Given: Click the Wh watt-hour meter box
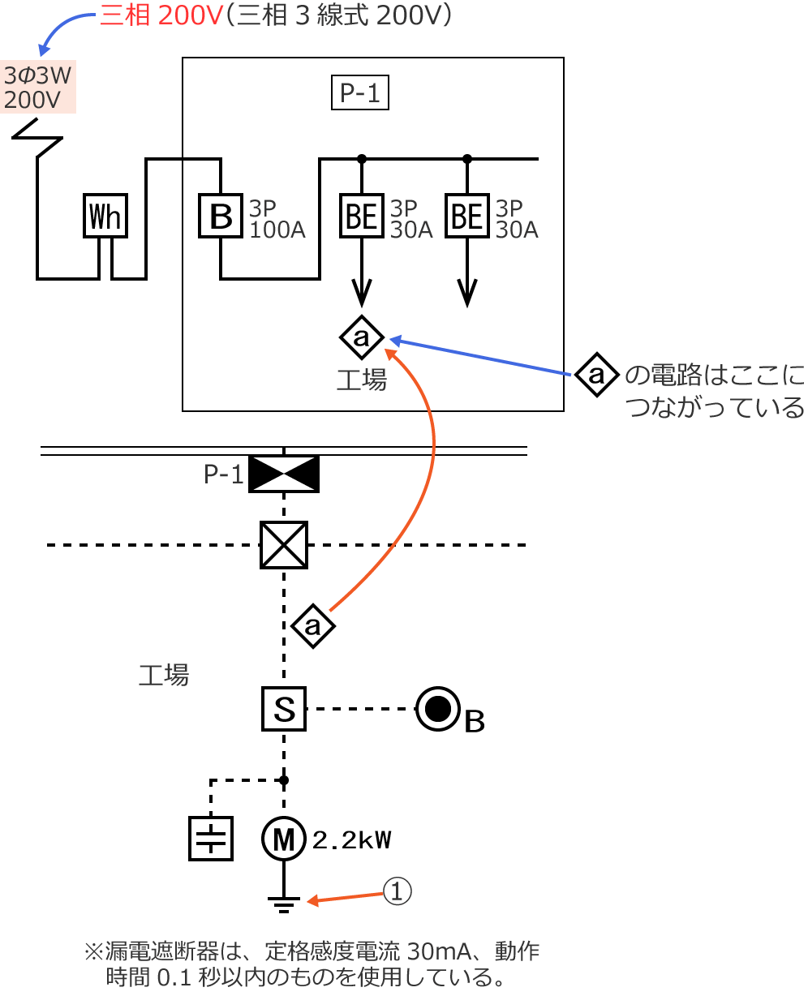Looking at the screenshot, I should (105, 217).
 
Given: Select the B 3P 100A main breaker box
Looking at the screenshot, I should (221, 217).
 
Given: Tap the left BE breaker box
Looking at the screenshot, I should (362, 217).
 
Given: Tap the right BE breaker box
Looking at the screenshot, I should (467, 217).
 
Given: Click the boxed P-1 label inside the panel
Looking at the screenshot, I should (360, 93).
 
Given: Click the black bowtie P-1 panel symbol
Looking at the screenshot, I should (283, 474).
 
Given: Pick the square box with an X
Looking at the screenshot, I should (283, 545).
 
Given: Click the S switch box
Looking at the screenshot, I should (283, 709).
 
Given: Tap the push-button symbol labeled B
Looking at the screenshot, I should (438, 710).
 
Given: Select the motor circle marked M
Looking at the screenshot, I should (283, 839).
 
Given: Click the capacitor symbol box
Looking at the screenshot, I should (211, 839).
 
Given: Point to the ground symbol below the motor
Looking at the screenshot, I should (283, 903).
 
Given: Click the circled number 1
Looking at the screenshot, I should (398, 891).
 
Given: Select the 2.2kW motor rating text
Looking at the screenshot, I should (352, 840).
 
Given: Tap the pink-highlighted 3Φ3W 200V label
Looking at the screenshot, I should (38, 88).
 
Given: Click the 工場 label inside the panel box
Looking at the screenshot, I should (362, 380).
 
